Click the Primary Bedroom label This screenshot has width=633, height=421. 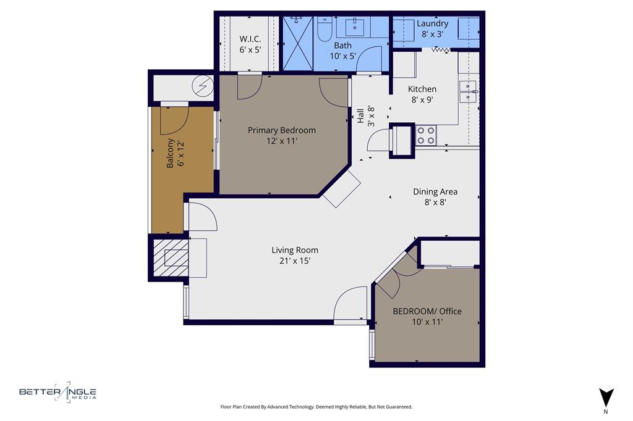coord(281,130)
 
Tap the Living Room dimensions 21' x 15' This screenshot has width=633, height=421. coord(295,261)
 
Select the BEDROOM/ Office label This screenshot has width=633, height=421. coord(427,311)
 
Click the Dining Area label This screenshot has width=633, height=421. coord(435,191)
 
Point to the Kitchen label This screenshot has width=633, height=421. coord(422,89)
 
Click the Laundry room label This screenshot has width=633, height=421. coord(432,23)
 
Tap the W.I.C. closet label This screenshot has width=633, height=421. coord(250,38)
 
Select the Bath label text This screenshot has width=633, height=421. coord(342,46)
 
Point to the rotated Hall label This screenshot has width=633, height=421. coord(360,115)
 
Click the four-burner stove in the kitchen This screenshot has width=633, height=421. coord(425,135)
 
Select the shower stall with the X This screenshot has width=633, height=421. coord(297,44)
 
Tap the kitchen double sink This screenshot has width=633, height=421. coord(468,91)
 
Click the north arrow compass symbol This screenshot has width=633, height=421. coord(606,397)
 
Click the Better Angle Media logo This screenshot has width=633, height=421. coord(57,392)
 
